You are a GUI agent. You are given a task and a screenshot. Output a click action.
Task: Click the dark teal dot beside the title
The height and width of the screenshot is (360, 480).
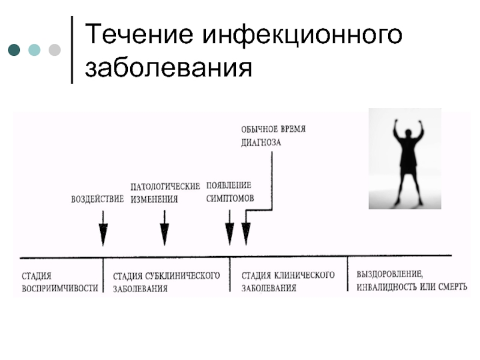(x=14, y=50)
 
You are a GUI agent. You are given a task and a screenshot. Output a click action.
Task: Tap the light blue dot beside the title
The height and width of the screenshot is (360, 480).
(x=34, y=50)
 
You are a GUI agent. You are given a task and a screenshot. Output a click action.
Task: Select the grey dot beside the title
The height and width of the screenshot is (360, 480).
(x=55, y=50)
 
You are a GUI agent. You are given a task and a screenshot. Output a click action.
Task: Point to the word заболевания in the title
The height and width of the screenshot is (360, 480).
(x=169, y=68)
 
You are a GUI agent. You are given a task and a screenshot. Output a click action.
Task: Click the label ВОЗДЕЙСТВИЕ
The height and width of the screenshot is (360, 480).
(x=97, y=199)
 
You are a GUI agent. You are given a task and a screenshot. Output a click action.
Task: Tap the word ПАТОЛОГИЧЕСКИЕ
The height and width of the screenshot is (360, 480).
(x=165, y=187)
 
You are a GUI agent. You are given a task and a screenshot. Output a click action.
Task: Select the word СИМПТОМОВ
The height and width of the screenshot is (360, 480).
(x=230, y=199)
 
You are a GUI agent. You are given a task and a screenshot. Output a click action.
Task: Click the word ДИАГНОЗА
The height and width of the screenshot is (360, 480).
(x=261, y=143)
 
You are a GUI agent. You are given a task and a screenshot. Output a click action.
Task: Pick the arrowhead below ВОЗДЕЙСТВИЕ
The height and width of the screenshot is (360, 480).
(x=103, y=235)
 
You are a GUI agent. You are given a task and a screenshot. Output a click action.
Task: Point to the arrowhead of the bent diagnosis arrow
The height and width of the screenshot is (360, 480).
(x=246, y=234)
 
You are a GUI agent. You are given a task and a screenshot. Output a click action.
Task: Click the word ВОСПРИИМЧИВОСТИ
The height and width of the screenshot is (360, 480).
(x=60, y=289)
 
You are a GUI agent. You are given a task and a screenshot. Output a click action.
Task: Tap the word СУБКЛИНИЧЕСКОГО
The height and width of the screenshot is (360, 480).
(x=182, y=276)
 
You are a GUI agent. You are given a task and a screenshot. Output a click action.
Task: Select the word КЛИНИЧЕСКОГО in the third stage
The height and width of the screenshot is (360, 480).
(x=304, y=275)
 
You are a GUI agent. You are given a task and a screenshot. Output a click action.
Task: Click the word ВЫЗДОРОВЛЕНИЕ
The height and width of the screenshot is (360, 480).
(x=389, y=274)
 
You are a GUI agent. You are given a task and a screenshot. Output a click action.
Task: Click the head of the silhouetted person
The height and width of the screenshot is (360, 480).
(x=408, y=133)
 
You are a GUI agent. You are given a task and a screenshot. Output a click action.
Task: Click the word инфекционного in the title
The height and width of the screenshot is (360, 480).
(x=302, y=35)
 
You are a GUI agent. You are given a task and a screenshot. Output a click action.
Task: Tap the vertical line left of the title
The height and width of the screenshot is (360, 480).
(x=72, y=50)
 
